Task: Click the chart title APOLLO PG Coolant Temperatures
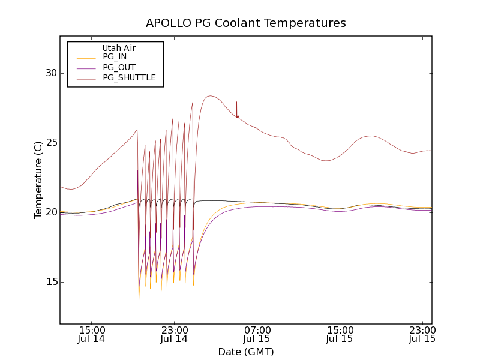point(246,23)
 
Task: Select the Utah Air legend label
point(119,48)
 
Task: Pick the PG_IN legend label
point(115,57)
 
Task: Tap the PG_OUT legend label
point(119,67)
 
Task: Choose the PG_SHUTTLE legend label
point(129,77)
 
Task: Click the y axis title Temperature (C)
point(38,180)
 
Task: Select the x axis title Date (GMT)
point(246,352)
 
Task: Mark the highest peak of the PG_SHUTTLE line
point(209,96)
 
